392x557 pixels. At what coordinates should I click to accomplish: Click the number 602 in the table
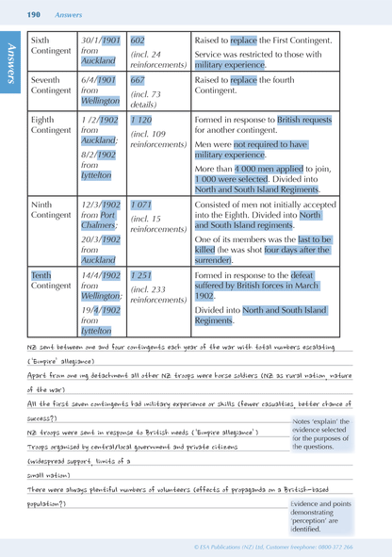(138, 41)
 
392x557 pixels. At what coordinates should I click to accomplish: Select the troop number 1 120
(140, 122)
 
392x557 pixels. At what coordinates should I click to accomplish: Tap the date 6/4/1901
(99, 80)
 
